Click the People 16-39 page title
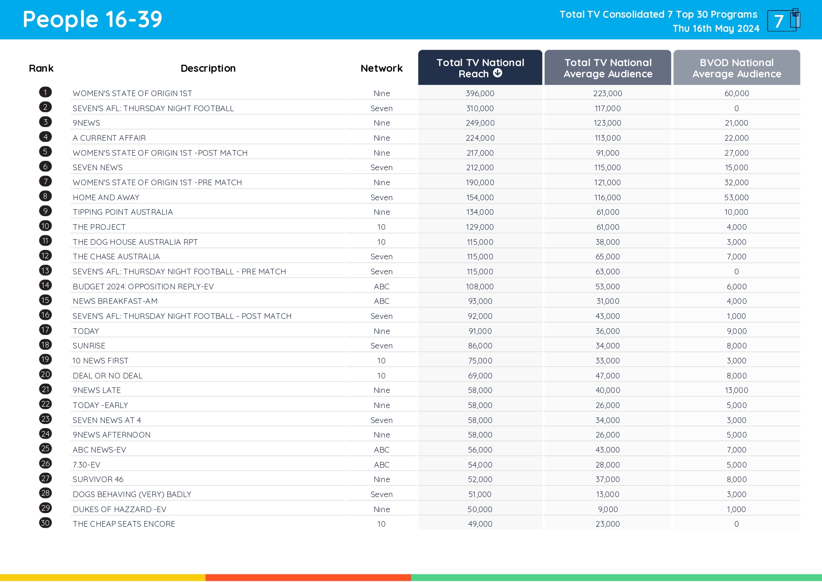tap(92, 20)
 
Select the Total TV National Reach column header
tap(480, 68)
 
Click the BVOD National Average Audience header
tap(736, 68)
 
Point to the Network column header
tap(381, 68)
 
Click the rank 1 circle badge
tap(45, 92)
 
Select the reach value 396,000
tap(480, 93)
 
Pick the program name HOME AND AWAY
tap(106, 197)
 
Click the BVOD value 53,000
tap(736, 197)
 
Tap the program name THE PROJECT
tap(99, 227)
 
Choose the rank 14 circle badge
tap(45, 285)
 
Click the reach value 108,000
tap(480, 287)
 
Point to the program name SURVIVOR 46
tap(98, 479)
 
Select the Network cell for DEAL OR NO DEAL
tap(381, 376)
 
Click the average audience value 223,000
tap(607, 93)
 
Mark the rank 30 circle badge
tap(45, 523)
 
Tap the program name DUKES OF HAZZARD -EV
tap(120, 509)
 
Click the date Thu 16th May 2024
tap(716, 29)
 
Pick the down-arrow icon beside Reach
tap(498, 73)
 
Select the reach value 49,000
tap(480, 524)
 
